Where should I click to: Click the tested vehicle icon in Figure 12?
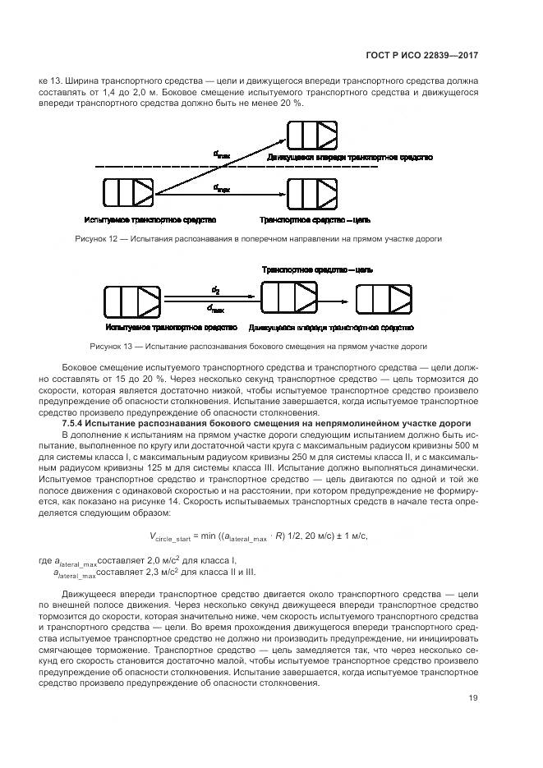[129, 192]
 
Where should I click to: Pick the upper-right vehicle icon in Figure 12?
[312, 135]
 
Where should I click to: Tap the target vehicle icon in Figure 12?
[312, 192]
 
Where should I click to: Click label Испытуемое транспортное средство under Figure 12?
[150, 220]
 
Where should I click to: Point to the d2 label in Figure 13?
[215, 288]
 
